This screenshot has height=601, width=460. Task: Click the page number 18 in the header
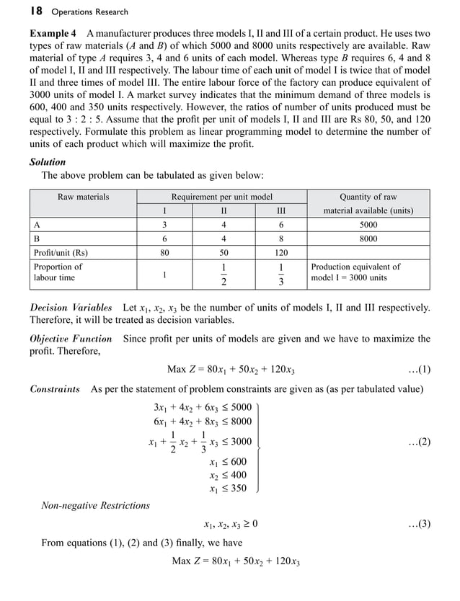(x=37, y=11)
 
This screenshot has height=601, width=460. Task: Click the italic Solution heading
(x=48, y=162)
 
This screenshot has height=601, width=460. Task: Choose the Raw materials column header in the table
(x=83, y=197)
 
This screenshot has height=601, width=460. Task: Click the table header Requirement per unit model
(x=221, y=197)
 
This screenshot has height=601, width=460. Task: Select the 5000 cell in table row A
(x=368, y=225)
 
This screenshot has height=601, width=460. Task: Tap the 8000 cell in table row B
(x=368, y=239)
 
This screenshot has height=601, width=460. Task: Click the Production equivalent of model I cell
(x=355, y=272)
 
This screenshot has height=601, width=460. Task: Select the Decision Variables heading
(x=71, y=308)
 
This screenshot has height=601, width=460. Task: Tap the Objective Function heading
(x=71, y=339)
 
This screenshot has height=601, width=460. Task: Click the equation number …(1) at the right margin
(x=419, y=370)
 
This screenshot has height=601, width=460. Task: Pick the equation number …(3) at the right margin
(x=419, y=524)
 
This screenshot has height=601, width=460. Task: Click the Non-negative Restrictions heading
(x=95, y=505)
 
